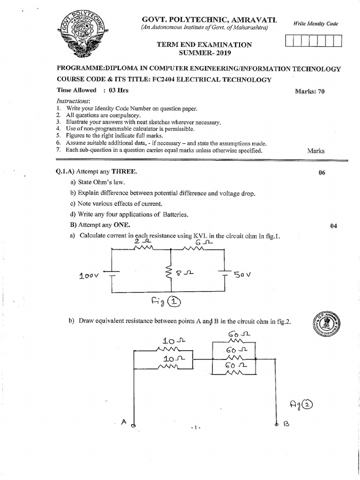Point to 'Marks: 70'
click(x=309, y=91)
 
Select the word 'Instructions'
click(x=73, y=101)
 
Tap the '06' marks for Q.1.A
click(x=322, y=172)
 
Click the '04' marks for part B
click(x=333, y=226)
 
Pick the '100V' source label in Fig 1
click(x=88, y=276)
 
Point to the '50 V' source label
click(x=243, y=275)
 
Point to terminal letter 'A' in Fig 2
click(x=124, y=422)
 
